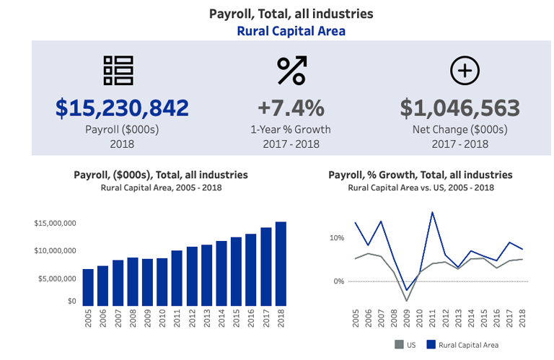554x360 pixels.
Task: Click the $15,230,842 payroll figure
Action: tap(123, 108)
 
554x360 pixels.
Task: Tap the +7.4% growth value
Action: tap(291, 108)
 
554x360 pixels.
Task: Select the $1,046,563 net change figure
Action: tap(460, 108)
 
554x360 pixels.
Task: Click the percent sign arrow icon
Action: tap(291, 71)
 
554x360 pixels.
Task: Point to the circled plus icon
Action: tap(465, 70)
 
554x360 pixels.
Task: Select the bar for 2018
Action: tap(281, 263)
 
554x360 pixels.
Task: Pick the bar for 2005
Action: tap(89, 287)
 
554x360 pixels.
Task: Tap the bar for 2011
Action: tap(177, 278)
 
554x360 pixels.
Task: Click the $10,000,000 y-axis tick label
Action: tap(55, 250)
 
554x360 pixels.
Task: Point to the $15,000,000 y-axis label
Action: tap(55, 224)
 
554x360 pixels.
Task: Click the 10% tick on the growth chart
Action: tap(337, 238)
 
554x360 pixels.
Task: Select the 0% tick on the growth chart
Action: tap(338, 281)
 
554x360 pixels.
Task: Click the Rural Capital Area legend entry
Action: tap(462, 345)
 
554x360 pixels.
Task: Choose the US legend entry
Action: tap(405, 345)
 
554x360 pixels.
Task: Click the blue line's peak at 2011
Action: tap(432, 212)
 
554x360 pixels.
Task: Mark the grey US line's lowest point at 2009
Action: tap(407, 300)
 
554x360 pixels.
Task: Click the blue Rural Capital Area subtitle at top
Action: tap(291, 31)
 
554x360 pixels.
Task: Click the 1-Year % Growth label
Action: tap(291, 130)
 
